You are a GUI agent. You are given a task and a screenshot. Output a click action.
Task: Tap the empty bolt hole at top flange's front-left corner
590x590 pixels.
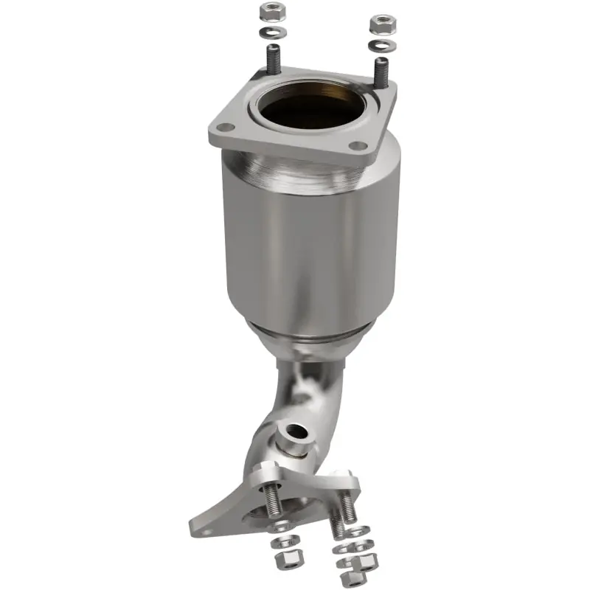[228, 128]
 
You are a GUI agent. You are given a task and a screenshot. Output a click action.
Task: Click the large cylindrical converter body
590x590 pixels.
[310, 243]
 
